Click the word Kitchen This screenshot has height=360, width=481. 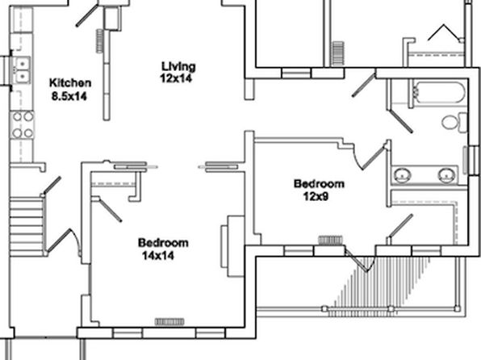coord(70,83)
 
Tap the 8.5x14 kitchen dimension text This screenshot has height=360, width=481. coord(69,96)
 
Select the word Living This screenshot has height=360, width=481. coord(178,66)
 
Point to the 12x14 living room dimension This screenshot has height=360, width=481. coord(176,78)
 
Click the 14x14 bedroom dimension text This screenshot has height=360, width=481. coord(158,255)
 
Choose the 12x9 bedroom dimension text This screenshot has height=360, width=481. coord(316,196)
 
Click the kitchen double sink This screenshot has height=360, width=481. coord(22,70)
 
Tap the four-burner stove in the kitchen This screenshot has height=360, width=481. coord(22,125)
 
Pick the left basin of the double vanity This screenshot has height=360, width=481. coord(403,175)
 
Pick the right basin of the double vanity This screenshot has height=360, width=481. coord(446,175)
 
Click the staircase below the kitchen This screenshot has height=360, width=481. coord(27,227)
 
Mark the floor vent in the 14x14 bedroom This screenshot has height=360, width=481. coord(169,321)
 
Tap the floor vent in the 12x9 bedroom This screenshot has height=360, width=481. coord(330,240)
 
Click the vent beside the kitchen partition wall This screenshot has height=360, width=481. coord(100,41)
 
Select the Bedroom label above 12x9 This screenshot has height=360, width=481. coord(319,183)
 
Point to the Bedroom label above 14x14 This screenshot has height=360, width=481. coord(163,243)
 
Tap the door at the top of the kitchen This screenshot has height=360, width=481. coord(87,15)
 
